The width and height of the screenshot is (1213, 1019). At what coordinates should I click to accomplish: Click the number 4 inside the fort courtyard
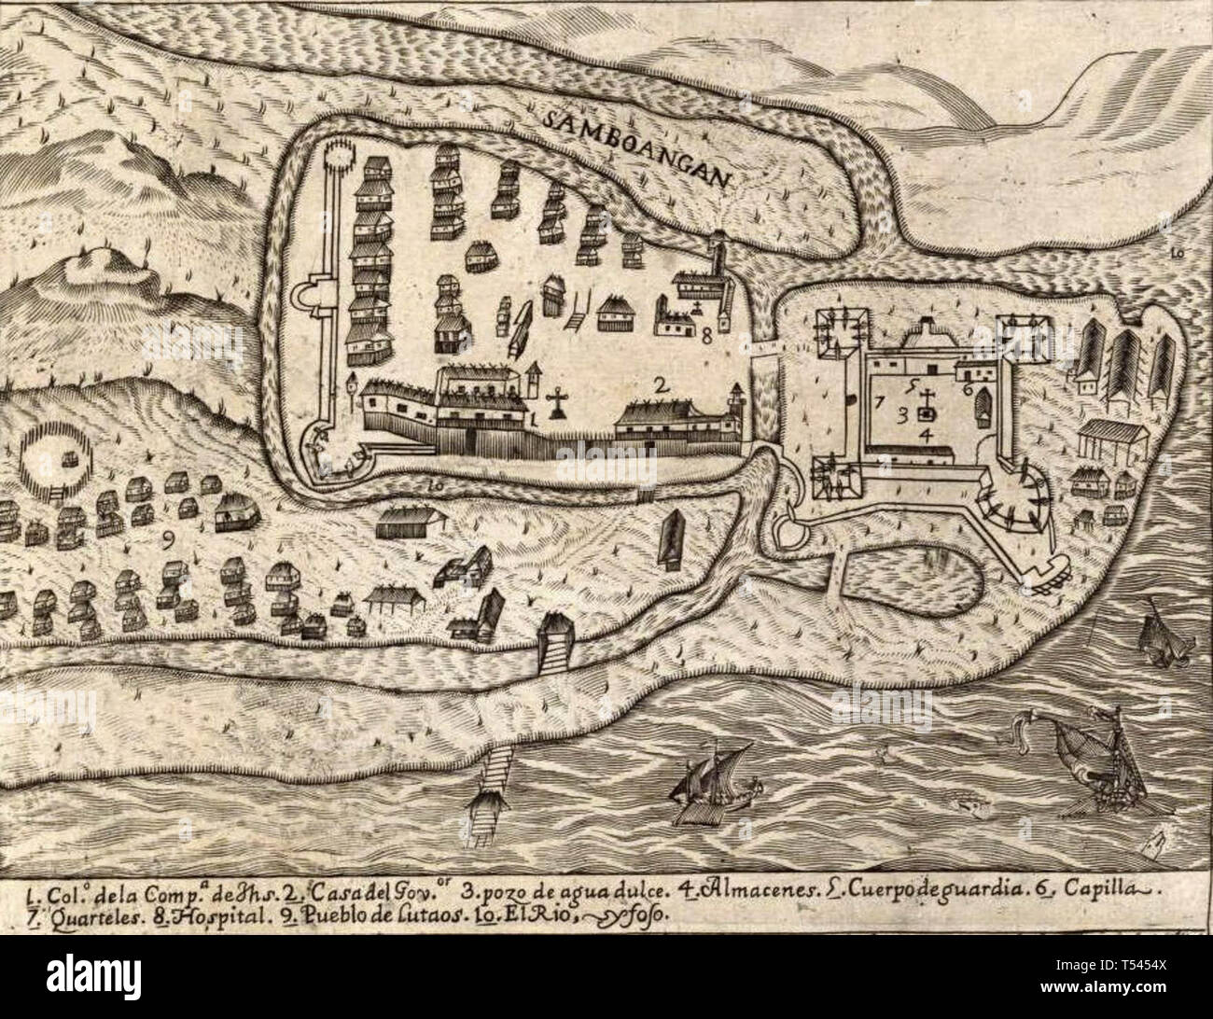924,435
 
